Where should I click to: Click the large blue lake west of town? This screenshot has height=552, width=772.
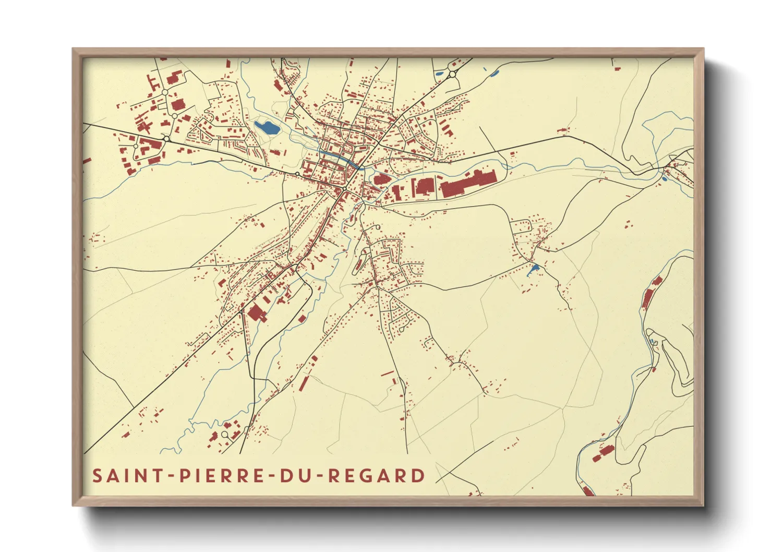[267, 127]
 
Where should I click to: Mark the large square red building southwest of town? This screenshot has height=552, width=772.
[256, 313]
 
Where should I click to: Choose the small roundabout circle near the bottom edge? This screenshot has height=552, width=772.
[225, 434]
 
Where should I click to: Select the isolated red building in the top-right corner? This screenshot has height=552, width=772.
[617, 66]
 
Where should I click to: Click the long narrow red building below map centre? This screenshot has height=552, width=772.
[304, 382]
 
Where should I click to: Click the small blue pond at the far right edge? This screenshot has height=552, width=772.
[664, 179]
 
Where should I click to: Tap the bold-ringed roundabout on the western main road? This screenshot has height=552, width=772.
[166, 139]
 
